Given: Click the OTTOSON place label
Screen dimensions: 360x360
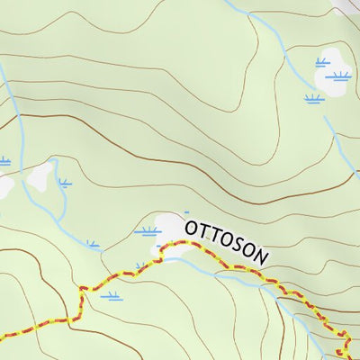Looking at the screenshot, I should (227, 242).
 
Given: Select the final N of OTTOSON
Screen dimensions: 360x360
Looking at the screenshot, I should (261, 257).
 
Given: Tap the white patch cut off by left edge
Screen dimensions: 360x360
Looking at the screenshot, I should (4, 185).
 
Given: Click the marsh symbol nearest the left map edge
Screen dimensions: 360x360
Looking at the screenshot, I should (4, 161).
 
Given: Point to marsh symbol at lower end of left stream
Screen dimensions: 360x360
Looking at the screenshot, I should (94, 243).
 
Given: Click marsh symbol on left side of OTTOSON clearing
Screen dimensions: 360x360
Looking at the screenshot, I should (147, 231).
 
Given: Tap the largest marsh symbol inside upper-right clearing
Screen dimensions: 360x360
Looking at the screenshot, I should (338, 76).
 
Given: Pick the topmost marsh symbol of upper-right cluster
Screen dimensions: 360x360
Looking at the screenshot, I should (322, 62).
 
